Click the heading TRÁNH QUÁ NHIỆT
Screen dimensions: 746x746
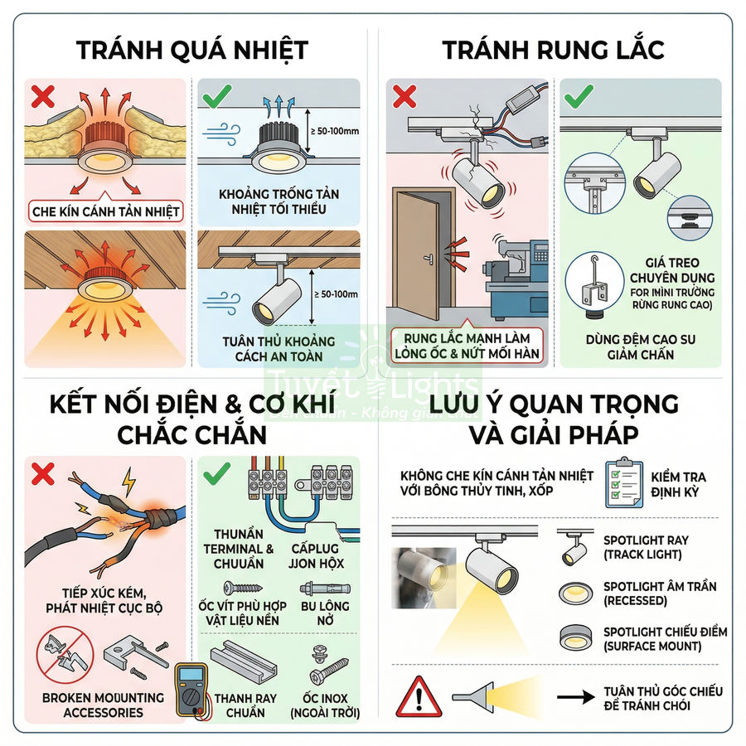click(x=192, y=49)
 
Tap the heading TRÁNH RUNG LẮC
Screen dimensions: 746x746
click(x=553, y=49)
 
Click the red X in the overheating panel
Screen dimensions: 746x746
click(x=42, y=96)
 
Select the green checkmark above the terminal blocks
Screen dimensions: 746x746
click(x=217, y=473)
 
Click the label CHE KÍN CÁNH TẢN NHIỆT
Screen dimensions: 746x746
click(x=105, y=211)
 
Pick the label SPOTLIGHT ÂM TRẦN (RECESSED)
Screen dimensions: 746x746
click(x=659, y=593)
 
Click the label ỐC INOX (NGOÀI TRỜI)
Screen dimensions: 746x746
click(x=320, y=705)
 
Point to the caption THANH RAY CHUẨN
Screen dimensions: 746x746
click(x=245, y=705)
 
